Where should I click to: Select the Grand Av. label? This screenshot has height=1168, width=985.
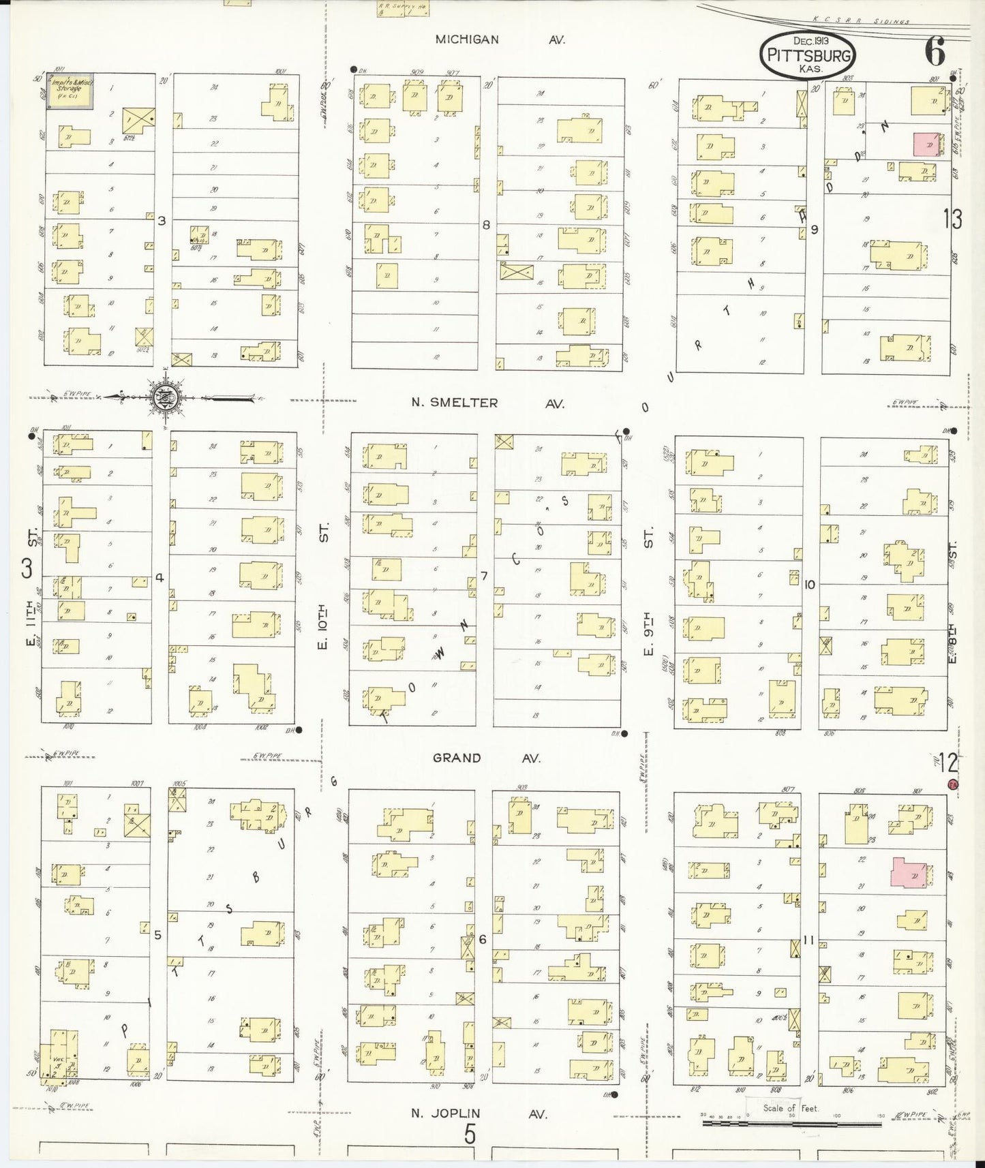[487, 758]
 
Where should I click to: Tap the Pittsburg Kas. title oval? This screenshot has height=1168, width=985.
[808, 55]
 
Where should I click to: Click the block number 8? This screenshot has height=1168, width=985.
[486, 224]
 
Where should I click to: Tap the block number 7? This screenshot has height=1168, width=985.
[483, 577]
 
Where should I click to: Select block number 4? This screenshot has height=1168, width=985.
[160, 577]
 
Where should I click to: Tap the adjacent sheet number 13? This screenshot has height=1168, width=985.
[953, 219]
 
